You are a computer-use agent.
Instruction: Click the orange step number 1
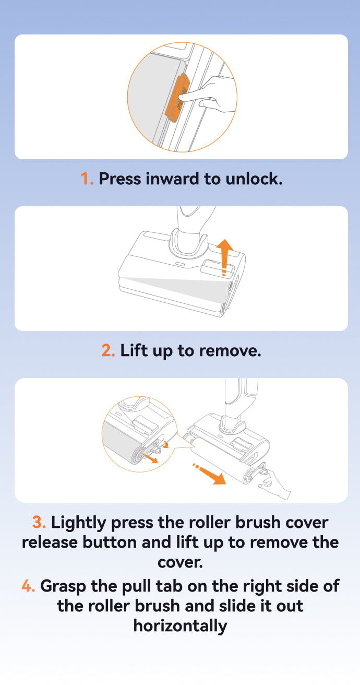(87, 179)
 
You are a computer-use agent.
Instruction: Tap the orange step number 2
(108, 350)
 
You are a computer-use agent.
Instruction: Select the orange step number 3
(39, 522)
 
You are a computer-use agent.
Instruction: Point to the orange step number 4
(28, 586)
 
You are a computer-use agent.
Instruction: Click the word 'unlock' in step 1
(252, 179)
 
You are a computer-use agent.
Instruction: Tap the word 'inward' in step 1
(172, 179)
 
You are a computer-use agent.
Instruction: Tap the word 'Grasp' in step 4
(63, 587)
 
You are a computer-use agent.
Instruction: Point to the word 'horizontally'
(181, 627)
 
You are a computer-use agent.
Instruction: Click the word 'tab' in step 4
(169, 586)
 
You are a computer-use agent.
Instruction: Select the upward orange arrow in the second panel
(225, 257)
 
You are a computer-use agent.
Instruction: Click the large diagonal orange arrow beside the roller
(210, 474)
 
